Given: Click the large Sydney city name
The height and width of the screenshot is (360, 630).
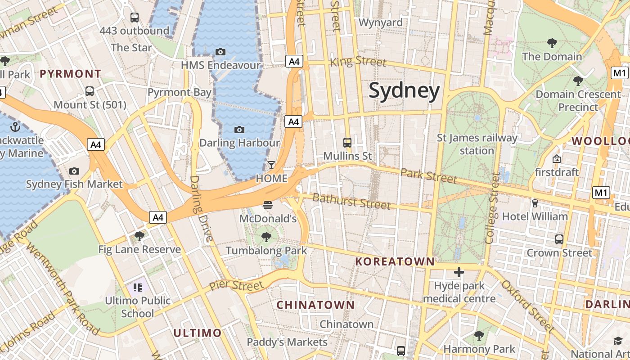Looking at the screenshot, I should click(x=404, y=91).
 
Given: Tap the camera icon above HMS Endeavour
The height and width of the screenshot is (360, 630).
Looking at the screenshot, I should click(x=220, y=52).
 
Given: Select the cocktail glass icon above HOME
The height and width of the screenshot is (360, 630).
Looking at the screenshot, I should click(x=271, y=165).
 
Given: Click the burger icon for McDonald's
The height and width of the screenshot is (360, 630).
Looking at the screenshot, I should click(x=268, y=206).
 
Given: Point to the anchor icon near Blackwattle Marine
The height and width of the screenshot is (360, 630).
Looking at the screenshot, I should click(x=16, y=127).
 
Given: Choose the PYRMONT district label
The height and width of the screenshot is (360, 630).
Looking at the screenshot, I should click(x=71, y=74).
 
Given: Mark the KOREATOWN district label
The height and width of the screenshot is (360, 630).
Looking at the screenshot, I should click(x=395, y=261).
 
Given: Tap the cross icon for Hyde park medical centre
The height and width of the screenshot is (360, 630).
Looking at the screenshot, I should click(x=459, y=272).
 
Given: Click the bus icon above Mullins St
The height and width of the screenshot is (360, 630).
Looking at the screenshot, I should click(x=347, y=143).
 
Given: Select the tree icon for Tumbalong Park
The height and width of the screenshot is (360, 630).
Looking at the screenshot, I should click(x=266, y=237).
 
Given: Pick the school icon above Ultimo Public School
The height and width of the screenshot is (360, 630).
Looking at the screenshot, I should click(x=138, y=287).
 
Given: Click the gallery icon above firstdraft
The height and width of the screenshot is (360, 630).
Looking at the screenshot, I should click(x=557, y=159).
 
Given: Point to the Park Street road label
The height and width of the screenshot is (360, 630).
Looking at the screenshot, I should click(x=428, y=175).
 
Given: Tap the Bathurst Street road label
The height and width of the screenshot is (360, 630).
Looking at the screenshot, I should click(x=351, y=201).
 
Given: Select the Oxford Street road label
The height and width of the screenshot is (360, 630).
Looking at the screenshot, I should click(x=527, y=306).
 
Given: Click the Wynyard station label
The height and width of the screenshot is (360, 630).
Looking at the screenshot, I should click(x=380, y=22).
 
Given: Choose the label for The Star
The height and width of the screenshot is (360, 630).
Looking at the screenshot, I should click(x=131, y=47).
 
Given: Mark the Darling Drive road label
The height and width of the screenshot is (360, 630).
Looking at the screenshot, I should click(x=200, y=209).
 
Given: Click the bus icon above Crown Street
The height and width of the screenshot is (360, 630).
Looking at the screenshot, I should click(x=559, y=239).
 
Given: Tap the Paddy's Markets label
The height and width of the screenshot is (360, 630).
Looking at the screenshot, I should click(x=287, y=342).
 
